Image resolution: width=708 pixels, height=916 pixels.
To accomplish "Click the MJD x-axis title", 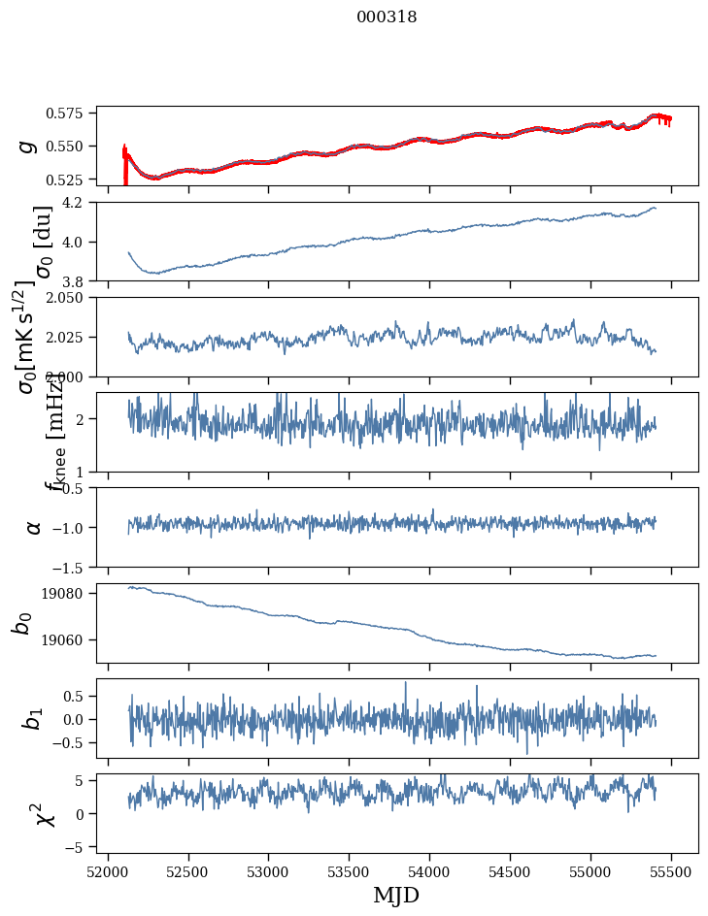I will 396,895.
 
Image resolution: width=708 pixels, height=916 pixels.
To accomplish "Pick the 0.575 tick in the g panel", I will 72,114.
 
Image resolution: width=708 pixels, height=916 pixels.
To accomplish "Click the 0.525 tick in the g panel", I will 72,180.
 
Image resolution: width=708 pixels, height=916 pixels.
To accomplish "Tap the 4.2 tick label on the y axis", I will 81,202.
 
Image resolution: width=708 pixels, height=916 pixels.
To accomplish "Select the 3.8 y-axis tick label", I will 81,280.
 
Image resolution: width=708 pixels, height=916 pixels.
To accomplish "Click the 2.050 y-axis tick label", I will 72,297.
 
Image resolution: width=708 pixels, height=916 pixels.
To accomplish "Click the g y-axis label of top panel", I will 29,146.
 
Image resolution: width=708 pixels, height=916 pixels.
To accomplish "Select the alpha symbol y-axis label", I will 33,527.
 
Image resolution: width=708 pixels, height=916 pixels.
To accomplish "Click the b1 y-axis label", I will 33,718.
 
